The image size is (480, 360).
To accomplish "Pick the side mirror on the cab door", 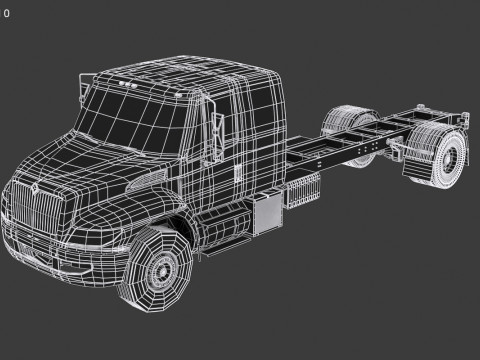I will [x=216, y=131].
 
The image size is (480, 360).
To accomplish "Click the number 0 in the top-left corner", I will [x=6, y=13].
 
